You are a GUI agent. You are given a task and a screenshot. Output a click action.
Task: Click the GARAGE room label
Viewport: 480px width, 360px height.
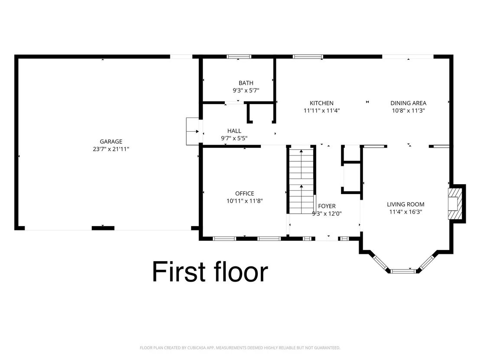111,141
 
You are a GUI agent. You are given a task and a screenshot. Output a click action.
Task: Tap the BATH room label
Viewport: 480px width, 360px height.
246,83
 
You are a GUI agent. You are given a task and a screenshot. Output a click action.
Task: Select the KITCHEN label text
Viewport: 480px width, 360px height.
321,103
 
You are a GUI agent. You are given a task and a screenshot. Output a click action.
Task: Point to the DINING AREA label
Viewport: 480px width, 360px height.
409,103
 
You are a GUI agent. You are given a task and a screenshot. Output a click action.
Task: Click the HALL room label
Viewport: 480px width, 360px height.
234,131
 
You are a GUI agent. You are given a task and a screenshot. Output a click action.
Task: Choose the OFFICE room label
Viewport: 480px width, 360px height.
245,194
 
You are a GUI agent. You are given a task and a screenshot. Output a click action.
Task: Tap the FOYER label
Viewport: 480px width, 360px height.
327,206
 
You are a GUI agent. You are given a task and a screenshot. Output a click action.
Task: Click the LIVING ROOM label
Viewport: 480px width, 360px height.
405,204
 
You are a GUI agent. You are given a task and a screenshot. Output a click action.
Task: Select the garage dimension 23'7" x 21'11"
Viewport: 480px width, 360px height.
111,149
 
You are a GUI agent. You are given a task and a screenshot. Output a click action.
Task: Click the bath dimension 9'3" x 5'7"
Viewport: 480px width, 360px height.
246,90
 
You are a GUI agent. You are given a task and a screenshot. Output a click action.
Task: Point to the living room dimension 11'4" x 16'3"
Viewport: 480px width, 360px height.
405,212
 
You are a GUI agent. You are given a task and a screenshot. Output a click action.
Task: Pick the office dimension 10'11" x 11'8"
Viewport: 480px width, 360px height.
245,201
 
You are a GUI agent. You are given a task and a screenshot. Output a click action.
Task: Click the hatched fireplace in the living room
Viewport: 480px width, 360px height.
455,204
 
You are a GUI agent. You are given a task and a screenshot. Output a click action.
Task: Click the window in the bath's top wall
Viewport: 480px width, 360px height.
239,57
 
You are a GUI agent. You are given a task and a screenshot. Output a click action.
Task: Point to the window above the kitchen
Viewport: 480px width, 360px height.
308,57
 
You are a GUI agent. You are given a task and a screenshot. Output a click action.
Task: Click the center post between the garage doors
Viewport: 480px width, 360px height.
103,228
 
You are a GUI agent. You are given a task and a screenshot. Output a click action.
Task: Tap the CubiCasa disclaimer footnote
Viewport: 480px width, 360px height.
240,348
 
